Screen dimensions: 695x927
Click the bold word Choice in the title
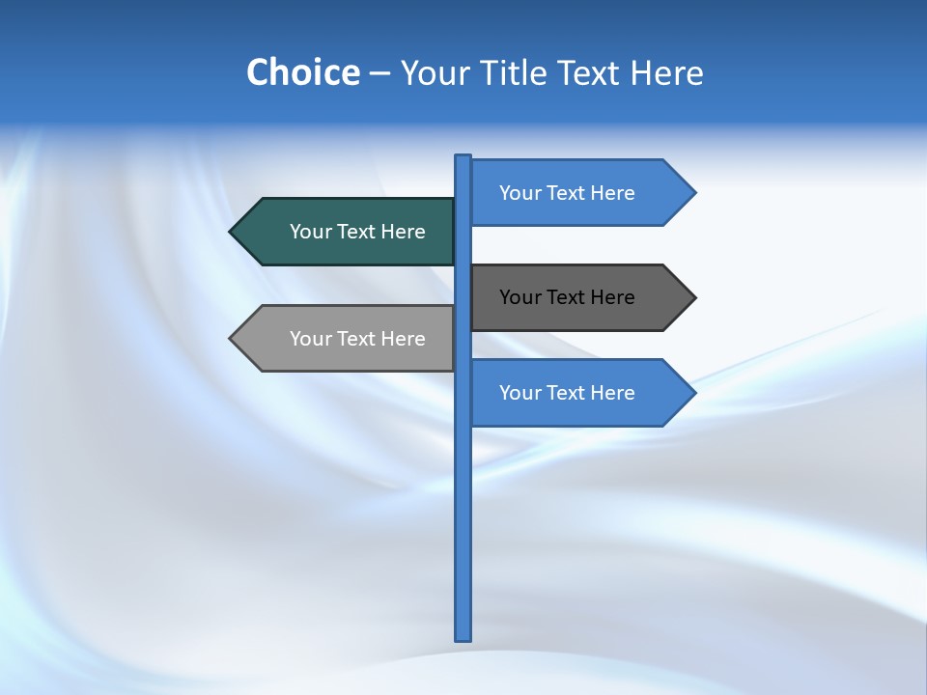point(302,72)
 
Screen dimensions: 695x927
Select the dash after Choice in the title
point(379,73)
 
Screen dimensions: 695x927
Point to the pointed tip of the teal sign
point(232,232)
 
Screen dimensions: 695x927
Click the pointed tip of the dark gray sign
point(693,297)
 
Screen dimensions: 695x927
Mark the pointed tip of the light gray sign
point(232,339)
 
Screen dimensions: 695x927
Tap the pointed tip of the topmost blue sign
point(693,193)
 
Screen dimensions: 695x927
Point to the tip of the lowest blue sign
point(693,393)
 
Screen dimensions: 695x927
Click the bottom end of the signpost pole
point(463,637)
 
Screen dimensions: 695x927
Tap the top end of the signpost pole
point(463,157)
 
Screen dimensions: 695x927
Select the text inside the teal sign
point(357,232)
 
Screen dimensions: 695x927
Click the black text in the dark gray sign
point(567,297)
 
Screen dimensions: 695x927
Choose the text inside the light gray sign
point(357,339)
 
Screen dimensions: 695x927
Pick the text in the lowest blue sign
point(567,393)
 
